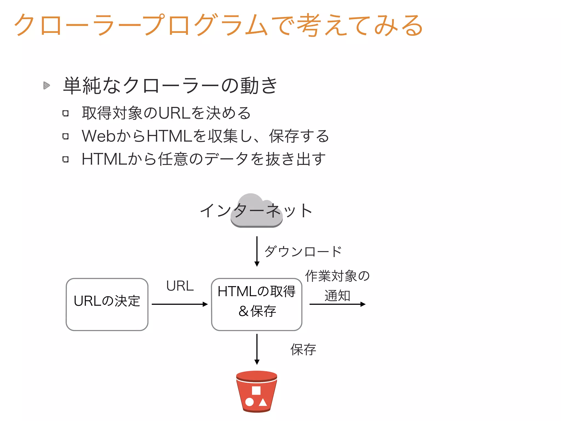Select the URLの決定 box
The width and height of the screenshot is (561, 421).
[x=107, y=304]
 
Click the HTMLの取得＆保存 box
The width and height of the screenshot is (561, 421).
[x=257, y=304]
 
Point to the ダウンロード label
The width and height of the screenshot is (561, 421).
[x=303, y=251]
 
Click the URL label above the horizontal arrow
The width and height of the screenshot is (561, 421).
[x=180, y=286]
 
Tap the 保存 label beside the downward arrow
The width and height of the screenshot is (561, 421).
[x=303, y=349]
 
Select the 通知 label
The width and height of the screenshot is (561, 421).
[x=337, y=295]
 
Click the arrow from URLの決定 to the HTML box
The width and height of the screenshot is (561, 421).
[x=180, y=304]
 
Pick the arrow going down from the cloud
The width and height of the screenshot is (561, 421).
[x=257, y=251]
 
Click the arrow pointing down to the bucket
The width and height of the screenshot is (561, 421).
[x=257, y=349]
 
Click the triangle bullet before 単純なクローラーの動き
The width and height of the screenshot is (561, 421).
[x=47, y=86]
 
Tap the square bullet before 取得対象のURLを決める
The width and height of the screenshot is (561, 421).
[x=65, y=113]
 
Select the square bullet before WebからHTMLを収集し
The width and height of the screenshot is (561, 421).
[x=65, y=136]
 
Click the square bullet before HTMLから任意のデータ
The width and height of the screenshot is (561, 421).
[x=65, y=159]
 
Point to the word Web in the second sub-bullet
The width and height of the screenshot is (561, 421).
[x=99, y=136]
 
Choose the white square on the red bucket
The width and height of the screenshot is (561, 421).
[x=256, y=390]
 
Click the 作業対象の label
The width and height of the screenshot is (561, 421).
[x=337, y=276]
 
